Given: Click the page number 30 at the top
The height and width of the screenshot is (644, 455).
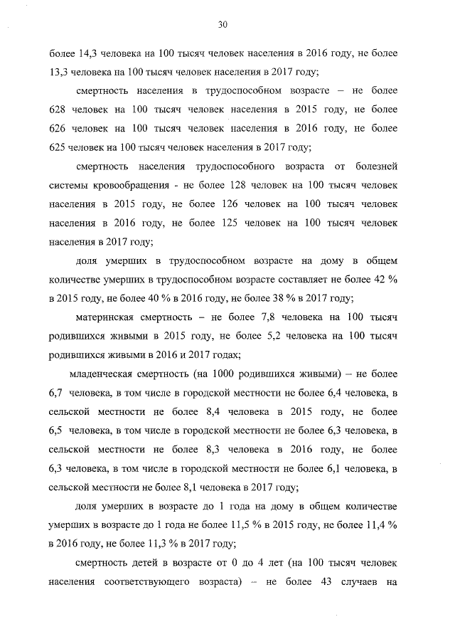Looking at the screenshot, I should (x=222, y=24).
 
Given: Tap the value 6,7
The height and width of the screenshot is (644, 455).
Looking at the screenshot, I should (x=58, y=392).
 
